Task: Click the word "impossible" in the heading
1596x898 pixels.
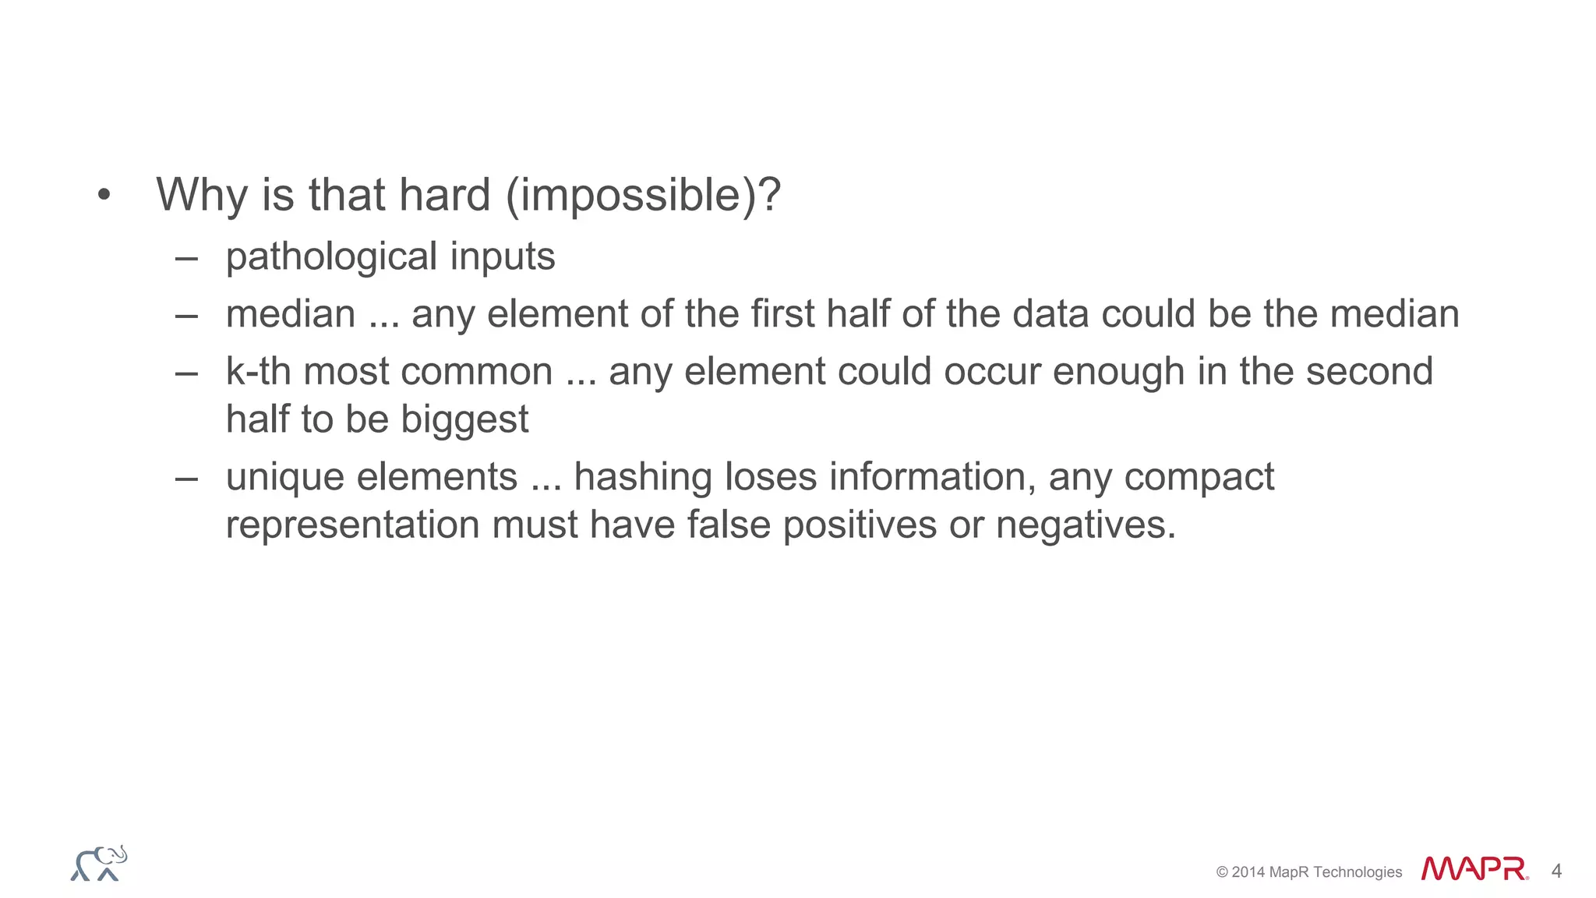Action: coord(630,195)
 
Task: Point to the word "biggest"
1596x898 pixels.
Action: coord(464,419)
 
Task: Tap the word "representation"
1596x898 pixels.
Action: coord(352,525)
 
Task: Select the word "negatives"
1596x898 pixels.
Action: coord(1085,525)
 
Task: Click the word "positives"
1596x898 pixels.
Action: coord(860,525)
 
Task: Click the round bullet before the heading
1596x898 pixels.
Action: coord(104,195)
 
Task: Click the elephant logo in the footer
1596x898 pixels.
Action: coord(99,864)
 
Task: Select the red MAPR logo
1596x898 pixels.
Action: coord(1474,869)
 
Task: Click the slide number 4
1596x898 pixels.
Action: coord(1556,871)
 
